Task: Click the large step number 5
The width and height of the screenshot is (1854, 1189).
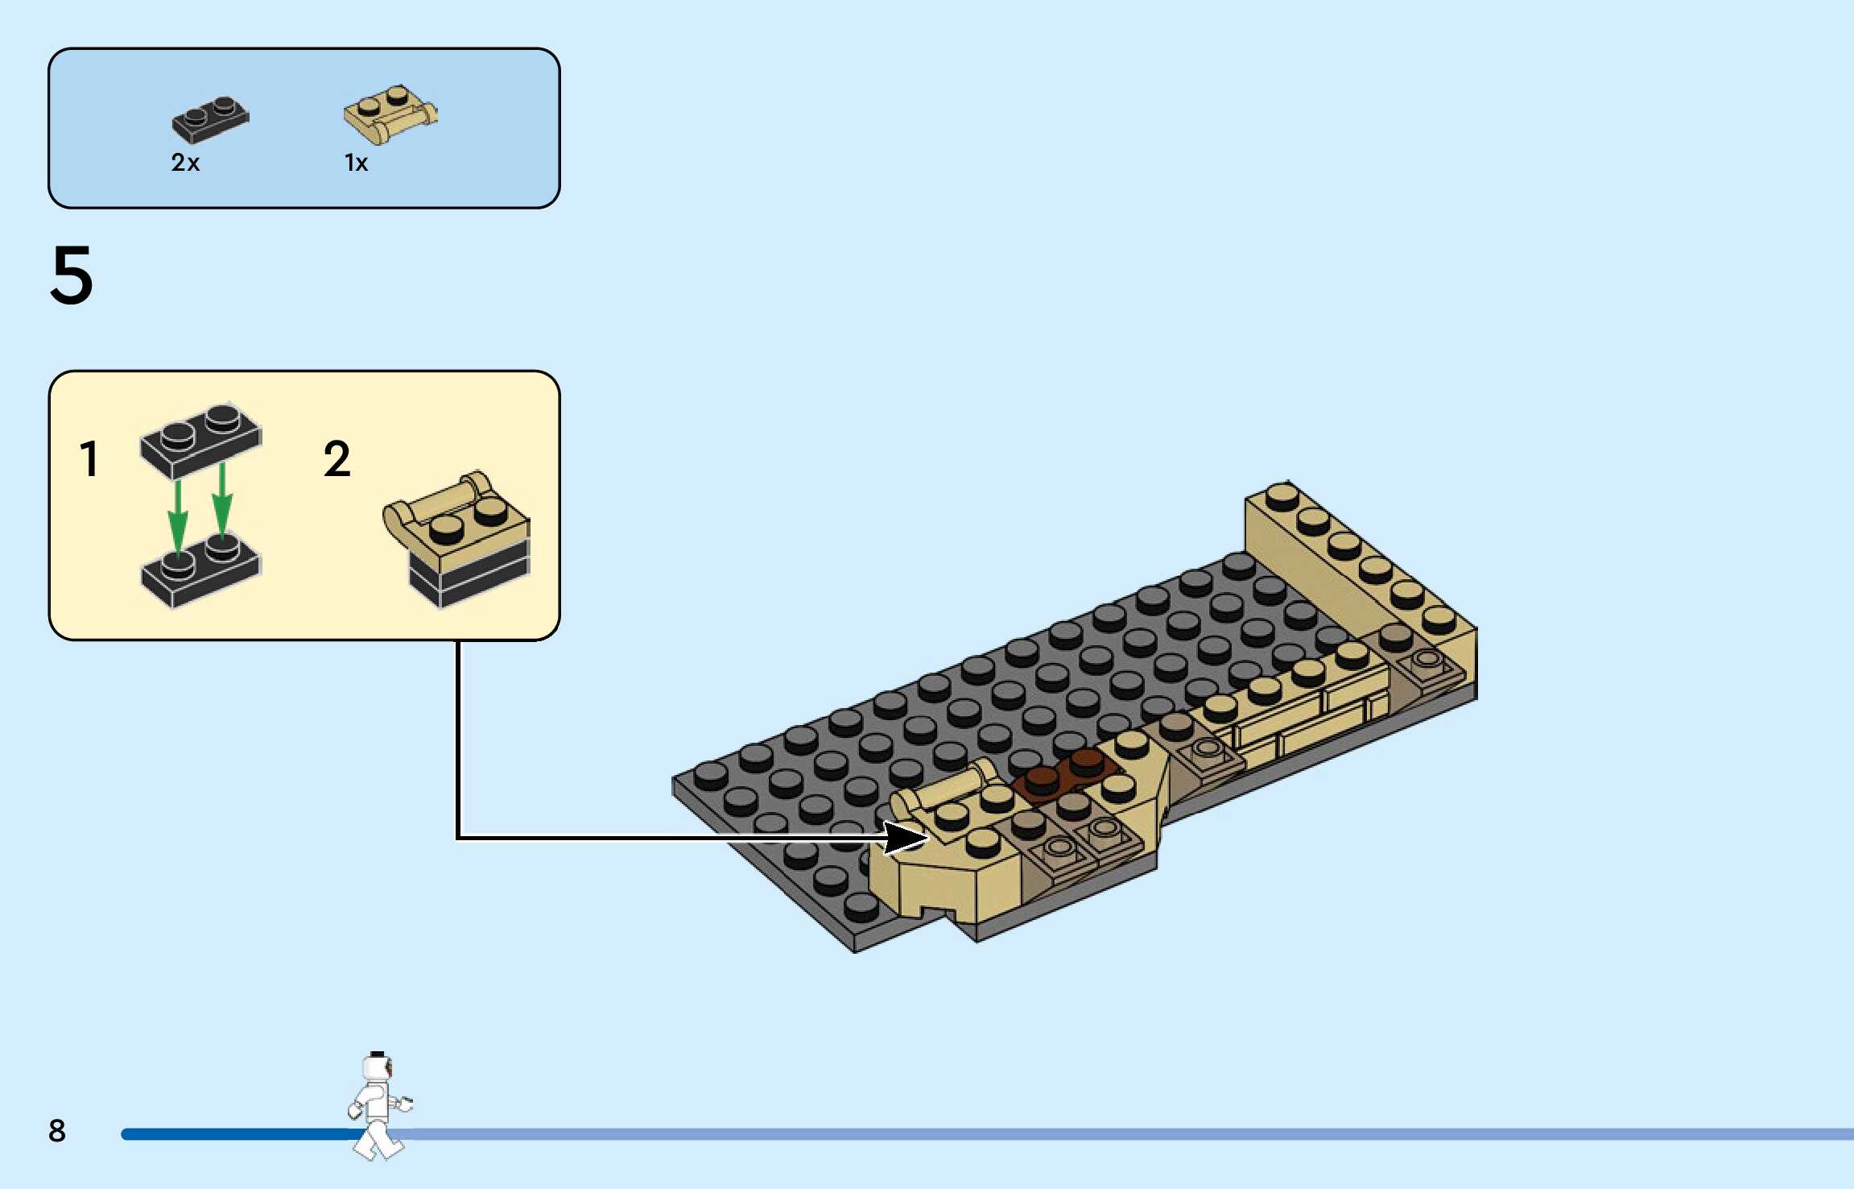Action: tap(72, 275)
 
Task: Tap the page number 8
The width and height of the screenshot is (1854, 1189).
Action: tap(56, 1130)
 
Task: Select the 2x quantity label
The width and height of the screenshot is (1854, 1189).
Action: tap(185, 163)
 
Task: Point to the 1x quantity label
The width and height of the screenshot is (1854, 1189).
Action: tap(356, 163)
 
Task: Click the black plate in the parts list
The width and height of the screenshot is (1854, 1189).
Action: tap(210, 119)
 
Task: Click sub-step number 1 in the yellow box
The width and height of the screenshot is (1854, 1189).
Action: tap(89, 459)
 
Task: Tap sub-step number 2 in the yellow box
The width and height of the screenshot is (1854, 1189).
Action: tap(337, 459)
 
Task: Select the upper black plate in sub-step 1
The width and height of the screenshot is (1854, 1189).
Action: tap(201, 439)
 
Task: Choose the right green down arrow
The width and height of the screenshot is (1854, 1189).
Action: tap(222, 499)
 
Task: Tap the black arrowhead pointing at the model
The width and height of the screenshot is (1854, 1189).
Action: tap(906, 838)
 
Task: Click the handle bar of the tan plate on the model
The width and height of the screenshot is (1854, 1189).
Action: tap(950, 785)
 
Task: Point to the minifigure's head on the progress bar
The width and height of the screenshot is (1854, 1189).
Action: tap(377, 1067)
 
